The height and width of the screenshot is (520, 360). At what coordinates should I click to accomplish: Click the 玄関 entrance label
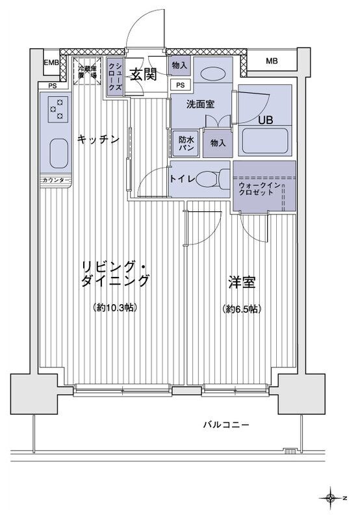pyautogui.click(x=142, y=75)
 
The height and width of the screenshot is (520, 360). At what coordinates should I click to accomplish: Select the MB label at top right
pyautogui.click(x=272, y=61)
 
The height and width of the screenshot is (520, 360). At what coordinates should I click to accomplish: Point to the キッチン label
pyautogui.click(x=98, y=138)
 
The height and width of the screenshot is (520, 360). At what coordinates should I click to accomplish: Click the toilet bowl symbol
pyautogui.click(x=211, y=179)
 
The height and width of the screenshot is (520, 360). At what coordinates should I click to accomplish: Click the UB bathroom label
pyautogui.click(x=266, y=120)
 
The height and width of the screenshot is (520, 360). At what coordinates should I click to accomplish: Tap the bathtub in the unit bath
pyautogui.click(x=265, y=141)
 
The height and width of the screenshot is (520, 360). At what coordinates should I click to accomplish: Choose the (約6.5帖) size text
pyautogui.click(x=241, y=309)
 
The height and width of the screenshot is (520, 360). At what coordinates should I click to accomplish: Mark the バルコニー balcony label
pyautogui.click(x=225, y=426)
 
